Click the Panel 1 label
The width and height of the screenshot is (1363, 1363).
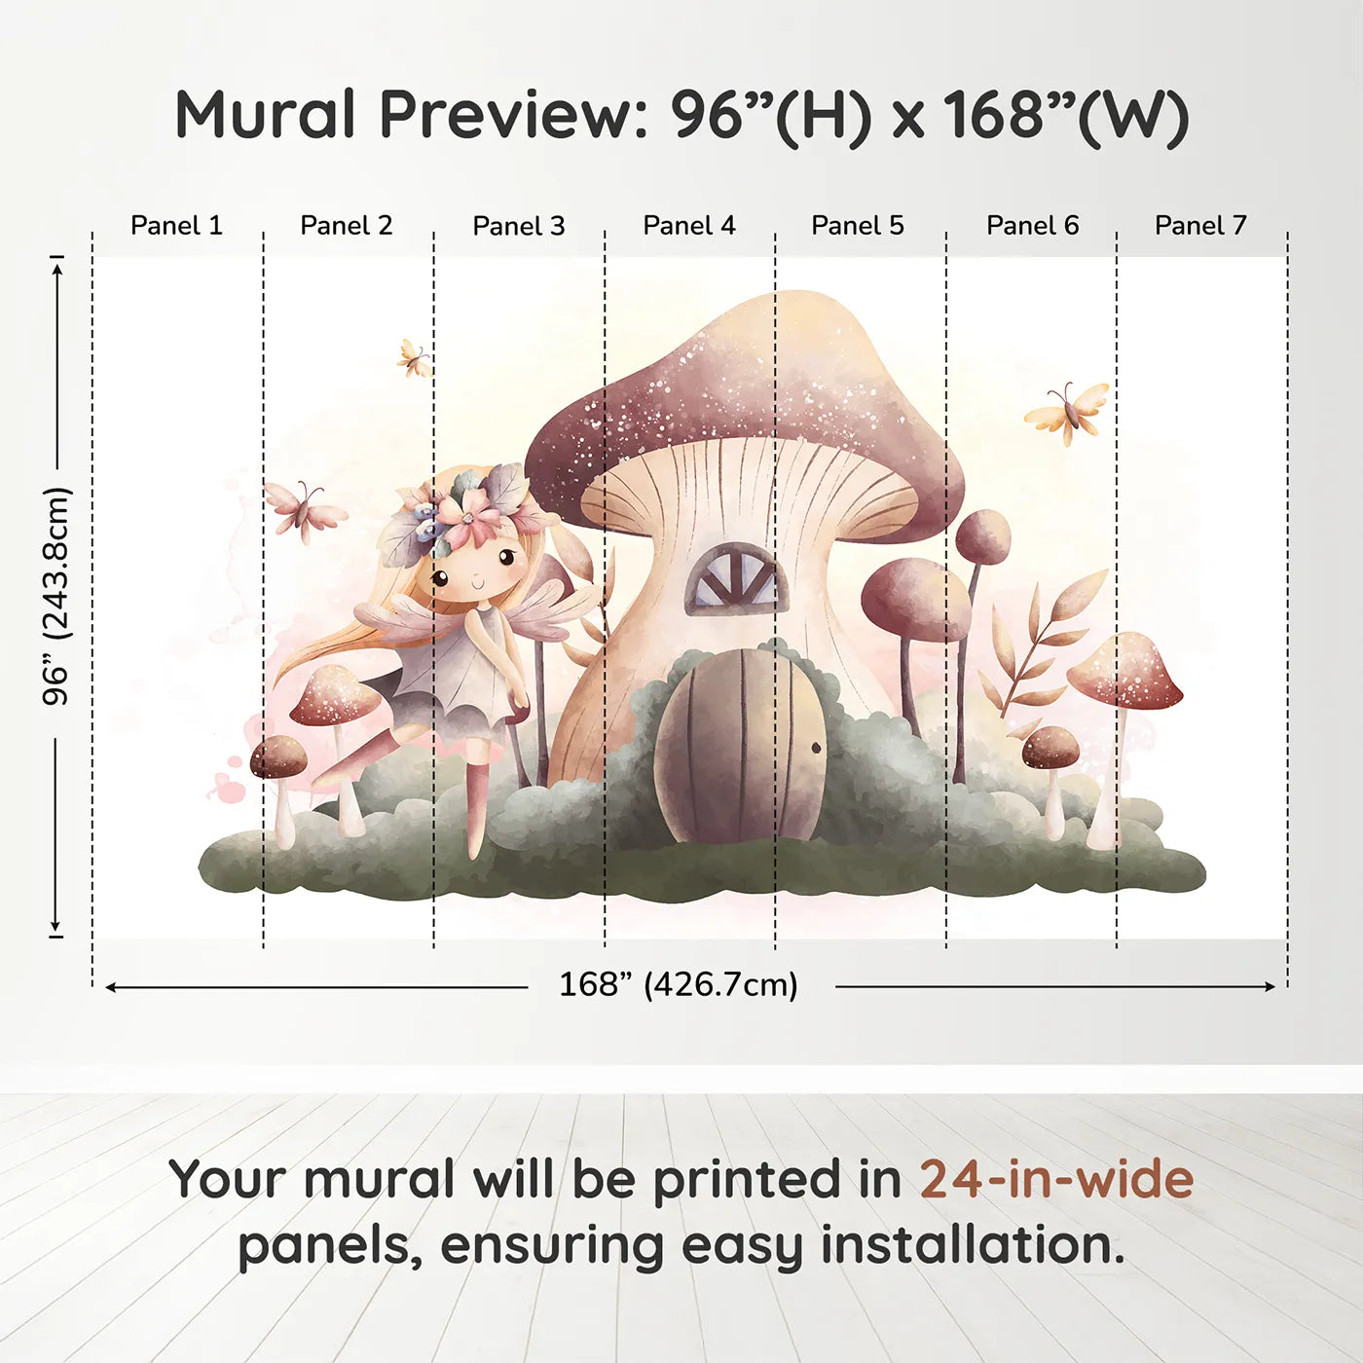point(176,226)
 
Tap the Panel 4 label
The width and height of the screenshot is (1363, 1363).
point(689,226)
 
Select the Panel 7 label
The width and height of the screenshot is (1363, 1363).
point(1200,226)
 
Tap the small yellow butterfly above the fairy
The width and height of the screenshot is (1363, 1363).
point(415,358)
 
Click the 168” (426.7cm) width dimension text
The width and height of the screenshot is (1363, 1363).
point(679,984)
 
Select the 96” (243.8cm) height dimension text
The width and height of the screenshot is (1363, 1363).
point(55,596)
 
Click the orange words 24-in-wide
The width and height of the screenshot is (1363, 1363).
point(1056,1179)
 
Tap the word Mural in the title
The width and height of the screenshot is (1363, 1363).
point(265,115)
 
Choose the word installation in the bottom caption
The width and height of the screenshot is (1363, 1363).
point(973,1245)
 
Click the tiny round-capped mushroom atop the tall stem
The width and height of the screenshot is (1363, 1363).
point(983,536)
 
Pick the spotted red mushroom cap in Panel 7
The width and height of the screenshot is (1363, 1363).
point(1124,670)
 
